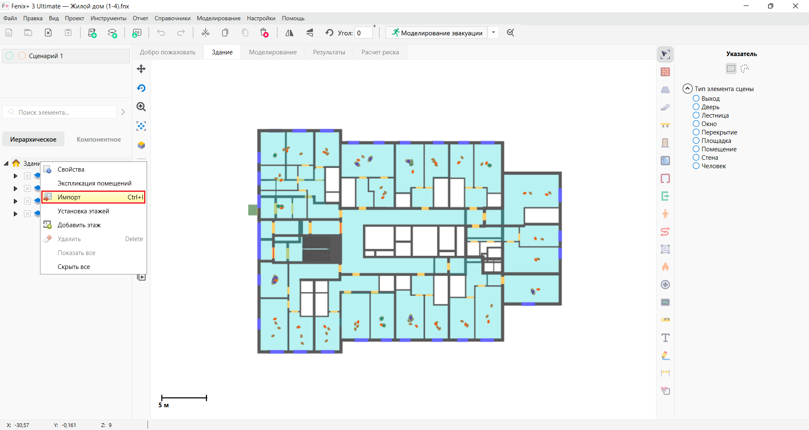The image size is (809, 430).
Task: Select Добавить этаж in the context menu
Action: tap(79, 225)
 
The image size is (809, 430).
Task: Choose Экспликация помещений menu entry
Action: tap(94, 183)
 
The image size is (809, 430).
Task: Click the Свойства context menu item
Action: tap(71, 169)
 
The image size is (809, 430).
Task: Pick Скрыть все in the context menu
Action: tap(74, 267)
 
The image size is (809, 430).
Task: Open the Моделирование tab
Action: tap(273, 52)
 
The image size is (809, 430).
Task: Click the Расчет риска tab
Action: tap(380, 52)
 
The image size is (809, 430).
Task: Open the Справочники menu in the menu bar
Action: tap(172, 18)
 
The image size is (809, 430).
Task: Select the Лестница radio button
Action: tap(696, 116)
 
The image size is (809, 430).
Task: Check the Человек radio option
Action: tap(696, 166)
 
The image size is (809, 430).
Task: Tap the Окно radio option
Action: tap(696, 124)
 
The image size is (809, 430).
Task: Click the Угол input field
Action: tap(363, 33)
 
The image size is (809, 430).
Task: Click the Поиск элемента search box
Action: tap(63, 113)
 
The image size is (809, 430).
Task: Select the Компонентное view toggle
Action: tap(99, 140)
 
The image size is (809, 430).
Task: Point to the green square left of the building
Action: tap(252, 210)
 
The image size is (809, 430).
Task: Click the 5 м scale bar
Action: tap(184, 398)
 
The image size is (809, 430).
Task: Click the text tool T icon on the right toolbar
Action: tap(665, 338)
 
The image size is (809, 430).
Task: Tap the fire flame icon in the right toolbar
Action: tap(665, 267)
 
